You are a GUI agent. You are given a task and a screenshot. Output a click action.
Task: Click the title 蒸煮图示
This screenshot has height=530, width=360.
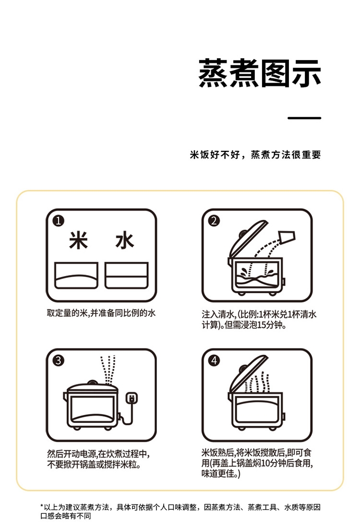pos(260,73)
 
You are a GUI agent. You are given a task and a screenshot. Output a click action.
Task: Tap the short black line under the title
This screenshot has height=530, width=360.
pos(304,118)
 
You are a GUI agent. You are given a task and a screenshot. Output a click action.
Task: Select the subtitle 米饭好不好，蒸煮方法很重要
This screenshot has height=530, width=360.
pos(255,155)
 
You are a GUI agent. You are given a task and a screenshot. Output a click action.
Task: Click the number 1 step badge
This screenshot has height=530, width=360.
pos(59,221)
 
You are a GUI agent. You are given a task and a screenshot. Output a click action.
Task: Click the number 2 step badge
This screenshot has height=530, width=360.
pos(214,221)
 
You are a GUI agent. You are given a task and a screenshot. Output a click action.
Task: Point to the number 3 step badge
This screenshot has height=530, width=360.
pos(59,361)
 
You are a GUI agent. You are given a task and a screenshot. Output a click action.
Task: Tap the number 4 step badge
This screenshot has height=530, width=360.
pos(214,361)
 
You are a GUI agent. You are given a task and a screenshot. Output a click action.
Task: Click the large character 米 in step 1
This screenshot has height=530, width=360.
pos(78,241)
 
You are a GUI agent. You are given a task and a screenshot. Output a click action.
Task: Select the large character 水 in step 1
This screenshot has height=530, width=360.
pos(125,241)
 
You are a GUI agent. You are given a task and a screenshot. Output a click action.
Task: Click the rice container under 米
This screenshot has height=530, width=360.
pos(76,276)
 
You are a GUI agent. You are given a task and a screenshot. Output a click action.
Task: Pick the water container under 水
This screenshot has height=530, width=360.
pos(126,276)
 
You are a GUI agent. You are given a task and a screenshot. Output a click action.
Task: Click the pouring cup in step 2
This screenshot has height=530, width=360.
pos(287,237)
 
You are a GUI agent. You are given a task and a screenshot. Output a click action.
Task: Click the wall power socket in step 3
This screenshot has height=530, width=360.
pos(132,398)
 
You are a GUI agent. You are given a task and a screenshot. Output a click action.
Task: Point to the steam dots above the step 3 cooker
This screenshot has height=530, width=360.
pos(108,370)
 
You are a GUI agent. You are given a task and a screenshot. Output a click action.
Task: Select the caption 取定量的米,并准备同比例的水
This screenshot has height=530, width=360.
pos(101,313)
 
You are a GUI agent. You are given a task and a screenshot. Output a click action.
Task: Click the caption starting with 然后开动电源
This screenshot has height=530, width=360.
pos(98,459)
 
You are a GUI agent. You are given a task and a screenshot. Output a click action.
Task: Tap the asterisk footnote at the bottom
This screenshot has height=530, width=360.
pos(180,511)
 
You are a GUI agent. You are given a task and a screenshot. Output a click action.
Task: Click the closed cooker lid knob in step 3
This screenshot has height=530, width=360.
pos(92,383)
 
